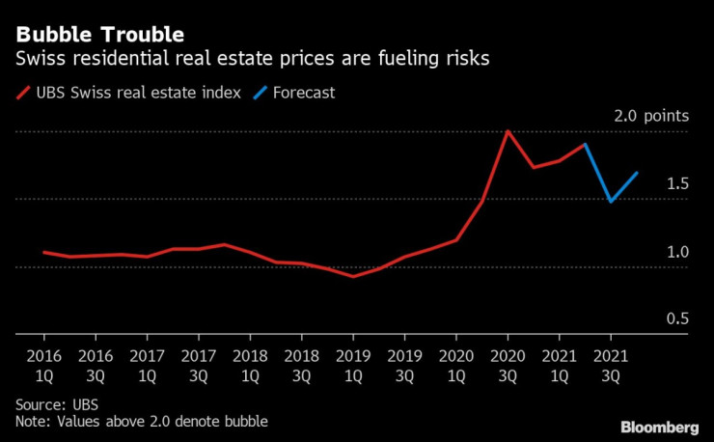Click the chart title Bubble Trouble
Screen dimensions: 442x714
(x=94, y=36)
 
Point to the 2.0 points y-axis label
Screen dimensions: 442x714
(x=652, y=116)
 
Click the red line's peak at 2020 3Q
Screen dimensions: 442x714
(x=508, y=131)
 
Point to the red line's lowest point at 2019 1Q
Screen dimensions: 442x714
(x=353, y=276)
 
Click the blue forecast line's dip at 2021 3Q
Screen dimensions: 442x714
(x=611, y=202)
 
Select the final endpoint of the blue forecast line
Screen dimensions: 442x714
(x=637, y=174)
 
